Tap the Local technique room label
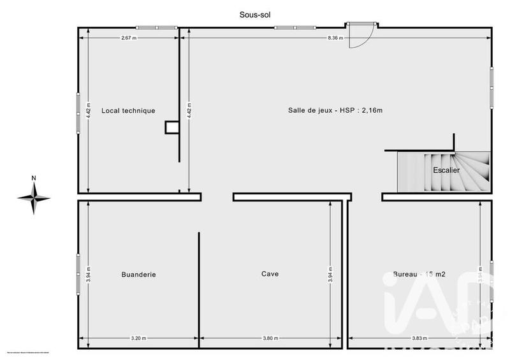pyautogui.click(x=128, y=111)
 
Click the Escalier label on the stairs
pyautogui.click(x=446, y=169)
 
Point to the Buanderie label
pyautogui.click(x=138, y=275)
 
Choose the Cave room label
pyautogui.click(x=270, y=274)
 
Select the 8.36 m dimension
pyautogui.click(x=335, y=38)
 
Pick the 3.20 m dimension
pyautogui.click(x=138, y=338)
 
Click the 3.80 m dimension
pyautogui.click(x=270, y=338)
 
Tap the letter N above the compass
pyautogui.click(x=34, y=178)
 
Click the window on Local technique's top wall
pyautogui.click(x=156, y=27)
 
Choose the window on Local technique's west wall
pyautogui.click(x=78, y=113)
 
